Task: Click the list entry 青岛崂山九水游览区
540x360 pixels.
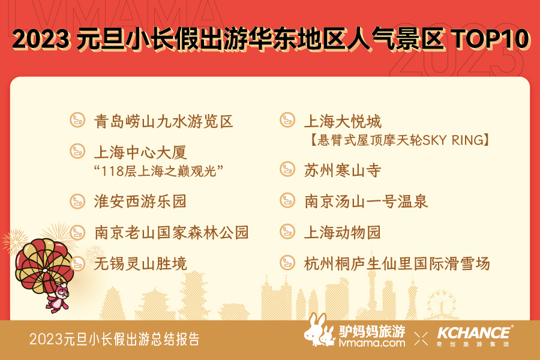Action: pyautogui.click(x=164, y=122)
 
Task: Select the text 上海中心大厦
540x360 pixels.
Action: pyautogui.click(x=140, y=152)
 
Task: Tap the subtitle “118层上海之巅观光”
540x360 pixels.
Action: pyautogui.click(x=159, y=171)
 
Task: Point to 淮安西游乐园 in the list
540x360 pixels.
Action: pyautogui.click(x=140, y=202)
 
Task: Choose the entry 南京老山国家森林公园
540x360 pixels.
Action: pyautogui.click(x=172, y=233)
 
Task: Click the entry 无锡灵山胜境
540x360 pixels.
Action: pyautogui.click(x=140, y=264)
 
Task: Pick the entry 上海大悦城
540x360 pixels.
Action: pyautogui.click(x=343, y=122)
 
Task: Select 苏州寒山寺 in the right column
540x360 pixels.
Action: pyautogui.click(x=343, y=170)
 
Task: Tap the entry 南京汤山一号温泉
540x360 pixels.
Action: pyautogui.click(x=366, y=202)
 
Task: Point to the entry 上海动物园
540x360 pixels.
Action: pyautogui.click(x=343, y=233)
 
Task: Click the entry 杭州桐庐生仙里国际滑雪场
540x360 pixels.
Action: pyautogui.click(x=397, y=264)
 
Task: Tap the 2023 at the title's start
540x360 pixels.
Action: pyautogui.click(x=41, y=38)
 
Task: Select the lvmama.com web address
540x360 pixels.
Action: pyautogui.click(x=372, y=343)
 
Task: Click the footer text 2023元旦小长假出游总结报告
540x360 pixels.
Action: pyautogui.click(x=115, y=339)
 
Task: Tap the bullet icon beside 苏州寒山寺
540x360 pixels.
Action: pyautogui.click(x=287, y=169)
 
